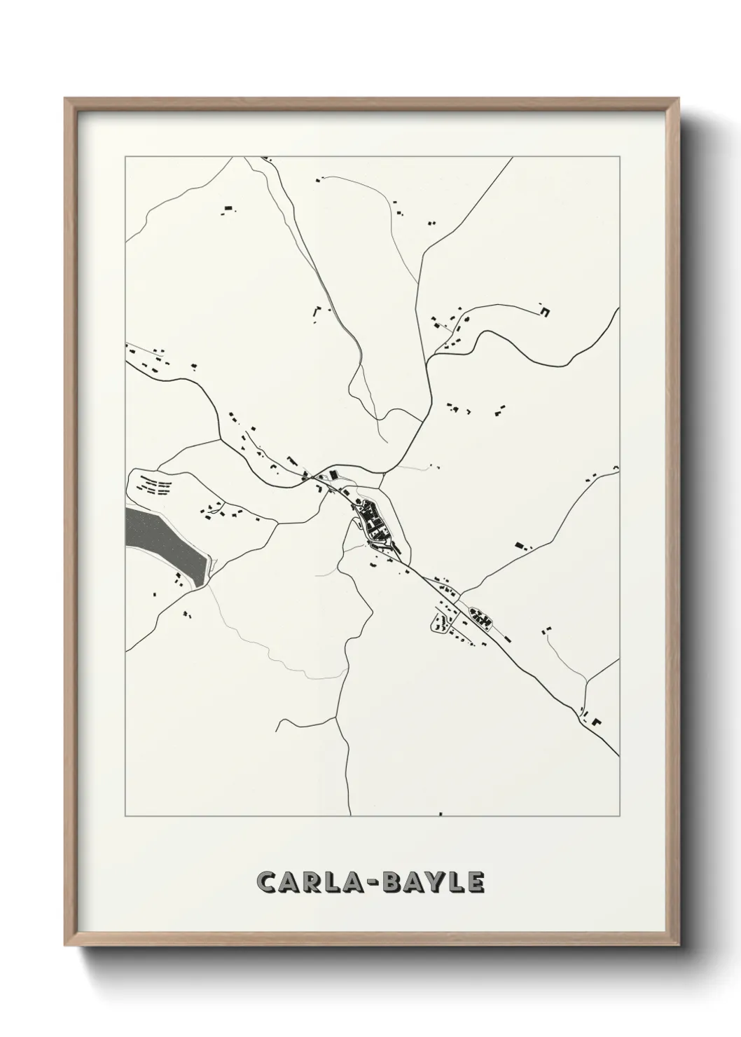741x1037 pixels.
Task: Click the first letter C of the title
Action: [268, 882]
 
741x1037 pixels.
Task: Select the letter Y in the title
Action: [437, 882]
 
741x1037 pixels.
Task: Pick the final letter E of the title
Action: [476, 882]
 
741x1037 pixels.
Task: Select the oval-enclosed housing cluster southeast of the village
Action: [480, 617]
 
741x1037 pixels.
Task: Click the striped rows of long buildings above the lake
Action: [155, 485]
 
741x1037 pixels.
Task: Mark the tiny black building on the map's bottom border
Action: [441, 814]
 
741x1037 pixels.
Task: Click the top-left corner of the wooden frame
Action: [65, 99]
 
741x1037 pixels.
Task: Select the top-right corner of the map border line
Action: [619, 157]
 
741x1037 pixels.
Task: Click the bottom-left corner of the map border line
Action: [125, 816]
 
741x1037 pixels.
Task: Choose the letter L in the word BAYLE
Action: [457, 882]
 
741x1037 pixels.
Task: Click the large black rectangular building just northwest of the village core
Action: [333, 474]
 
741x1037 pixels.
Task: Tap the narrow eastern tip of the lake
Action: [207, 565]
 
